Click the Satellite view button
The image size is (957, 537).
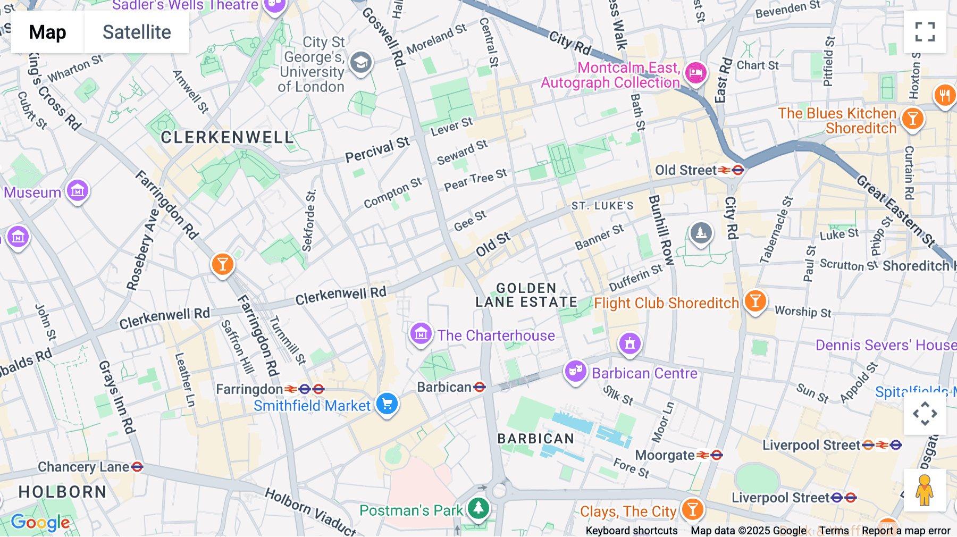tap(137, 32)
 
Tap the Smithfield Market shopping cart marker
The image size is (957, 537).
tap(387, 404)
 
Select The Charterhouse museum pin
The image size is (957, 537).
tap(421, 334)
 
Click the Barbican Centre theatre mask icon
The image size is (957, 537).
tap(575, 371)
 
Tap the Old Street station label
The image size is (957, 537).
tap(686, 170)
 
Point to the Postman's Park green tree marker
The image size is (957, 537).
tap(478, 508)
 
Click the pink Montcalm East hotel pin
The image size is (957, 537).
tap(695, 72)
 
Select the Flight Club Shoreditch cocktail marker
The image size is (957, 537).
tap(755, 301)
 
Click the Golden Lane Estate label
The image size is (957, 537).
tap(526, 295)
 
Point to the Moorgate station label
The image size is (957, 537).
tap(665, 455)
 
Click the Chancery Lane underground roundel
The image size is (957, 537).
tap(137, 467)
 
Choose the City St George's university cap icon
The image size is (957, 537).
tap(361, 63)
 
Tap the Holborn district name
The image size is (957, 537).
tap(63, 492)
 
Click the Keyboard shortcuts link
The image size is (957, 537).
tap(632, 531)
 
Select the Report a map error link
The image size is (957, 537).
tap(906, 531)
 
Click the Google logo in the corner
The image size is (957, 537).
tap(40, 523)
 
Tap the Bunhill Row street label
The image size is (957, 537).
tap(661, 230)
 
